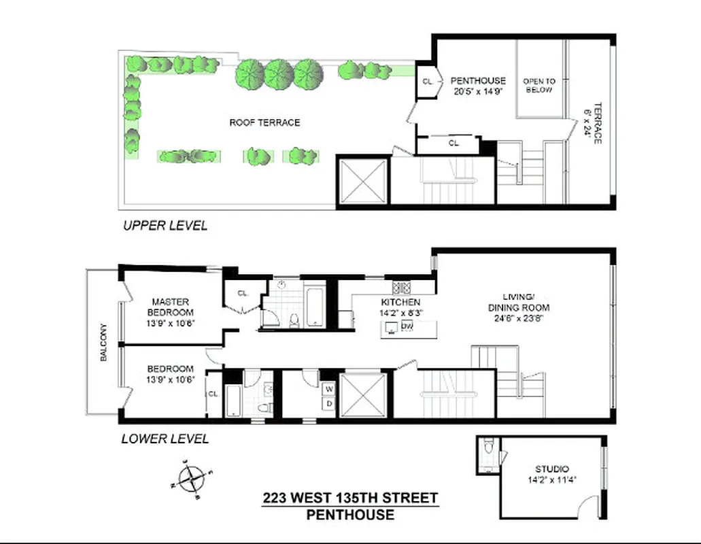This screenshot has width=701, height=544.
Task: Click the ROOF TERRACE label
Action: click(x=264, y=122)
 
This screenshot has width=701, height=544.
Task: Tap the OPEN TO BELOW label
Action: click(x=538, y=86)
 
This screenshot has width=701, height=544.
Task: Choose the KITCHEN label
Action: click(x=400, y=302)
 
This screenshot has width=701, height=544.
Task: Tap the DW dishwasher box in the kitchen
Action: click(x=407, y=327)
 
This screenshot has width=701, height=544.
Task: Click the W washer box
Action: click(x=329, y=389)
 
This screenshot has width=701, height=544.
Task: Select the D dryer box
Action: click(x=329, y=403)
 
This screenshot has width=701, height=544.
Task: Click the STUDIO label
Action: click(x=551, y=469)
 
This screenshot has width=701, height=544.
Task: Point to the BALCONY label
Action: click(x=104, y=341)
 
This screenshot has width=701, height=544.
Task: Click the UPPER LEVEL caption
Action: click(x=165, y=225)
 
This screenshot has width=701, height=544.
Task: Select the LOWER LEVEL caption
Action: click(x=165, y=439)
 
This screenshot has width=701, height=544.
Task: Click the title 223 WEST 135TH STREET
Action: click(x=350, y=498)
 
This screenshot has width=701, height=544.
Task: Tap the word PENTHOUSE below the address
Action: click(x=350, y=515)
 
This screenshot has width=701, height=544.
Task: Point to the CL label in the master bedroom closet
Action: click(x=242, y=293)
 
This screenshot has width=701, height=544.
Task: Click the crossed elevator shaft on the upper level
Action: click(x=362, y=181)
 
